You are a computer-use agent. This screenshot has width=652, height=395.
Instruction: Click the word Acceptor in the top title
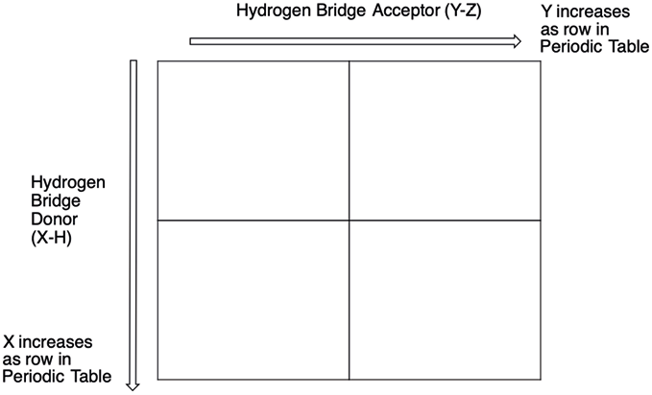(x=406, y=11)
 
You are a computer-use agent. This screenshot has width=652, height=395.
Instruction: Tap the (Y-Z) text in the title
(x=463, y=12)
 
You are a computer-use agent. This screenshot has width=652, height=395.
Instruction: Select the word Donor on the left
(x=55, y=219)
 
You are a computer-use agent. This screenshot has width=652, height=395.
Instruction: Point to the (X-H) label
(x=51, y=238)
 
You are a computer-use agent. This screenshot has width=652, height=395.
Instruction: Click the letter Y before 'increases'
(x=546, y=12)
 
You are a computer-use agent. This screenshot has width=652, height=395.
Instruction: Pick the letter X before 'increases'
(x=9, y=342)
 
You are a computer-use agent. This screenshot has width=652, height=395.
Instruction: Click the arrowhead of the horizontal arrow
(x=517, y=41)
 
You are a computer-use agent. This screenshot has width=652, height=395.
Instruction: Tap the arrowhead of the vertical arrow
(x=133, y=386)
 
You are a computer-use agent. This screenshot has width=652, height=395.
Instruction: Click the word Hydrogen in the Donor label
(x=68, y=183)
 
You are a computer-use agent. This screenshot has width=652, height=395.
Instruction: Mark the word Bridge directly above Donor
(x=56, y=201)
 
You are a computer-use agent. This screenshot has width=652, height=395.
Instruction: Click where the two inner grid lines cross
(x=350, y=221)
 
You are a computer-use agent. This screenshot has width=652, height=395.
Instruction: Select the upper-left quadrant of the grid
(x=254, y=140)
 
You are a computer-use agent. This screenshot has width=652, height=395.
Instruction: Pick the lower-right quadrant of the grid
(x=445, y=300)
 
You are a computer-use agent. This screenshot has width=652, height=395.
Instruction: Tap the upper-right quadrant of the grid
(x=445, y=140)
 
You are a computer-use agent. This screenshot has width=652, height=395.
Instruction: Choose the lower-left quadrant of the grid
(x=254, y=300)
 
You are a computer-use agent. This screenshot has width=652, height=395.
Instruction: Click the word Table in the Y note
(x=629, y=46)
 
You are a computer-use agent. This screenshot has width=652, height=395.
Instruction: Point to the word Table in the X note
(x=91, y=377)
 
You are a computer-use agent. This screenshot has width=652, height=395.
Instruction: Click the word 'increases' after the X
(x=56, y=342)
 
